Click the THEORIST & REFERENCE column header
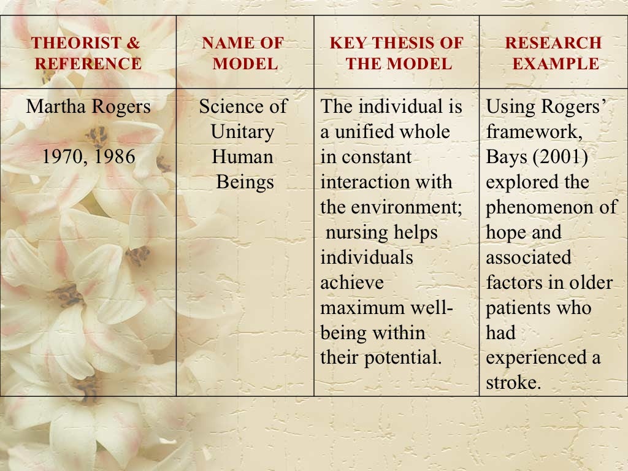tap(86, 53)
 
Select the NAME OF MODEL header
tap(243, 53)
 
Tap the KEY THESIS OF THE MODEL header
tap(397, 53)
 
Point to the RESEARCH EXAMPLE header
tap(553, 53)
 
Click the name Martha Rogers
tap(88, 107)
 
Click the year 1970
tap(63, 157)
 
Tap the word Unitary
tap(242, 132)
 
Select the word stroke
tap(513, 383)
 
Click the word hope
tap(507, 232)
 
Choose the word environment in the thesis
tap(402, 207)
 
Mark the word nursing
tap(356, 232)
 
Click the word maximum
tap(361, 308)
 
